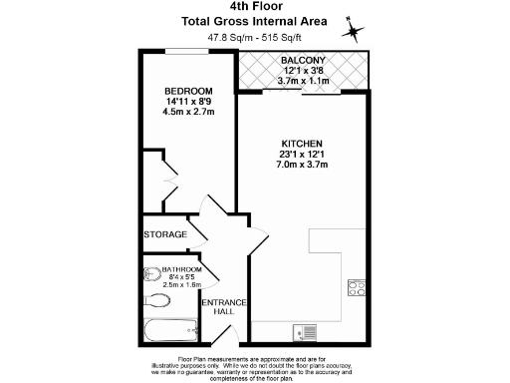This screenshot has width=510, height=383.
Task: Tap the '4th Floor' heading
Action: pos(254,6)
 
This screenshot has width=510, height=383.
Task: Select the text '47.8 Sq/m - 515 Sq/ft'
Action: pos(254,39)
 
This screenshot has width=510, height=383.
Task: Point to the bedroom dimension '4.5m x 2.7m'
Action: pos(188,112)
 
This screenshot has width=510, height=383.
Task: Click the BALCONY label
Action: pos(306,61)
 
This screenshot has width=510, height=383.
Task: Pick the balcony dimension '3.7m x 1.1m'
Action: pos(306,82)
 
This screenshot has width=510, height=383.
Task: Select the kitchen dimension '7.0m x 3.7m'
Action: pos(305,167)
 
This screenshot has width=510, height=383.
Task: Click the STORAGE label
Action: pos(164,234)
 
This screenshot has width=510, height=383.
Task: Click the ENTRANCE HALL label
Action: pos(219,307)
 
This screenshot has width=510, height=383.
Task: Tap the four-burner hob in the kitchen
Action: pos(356,288)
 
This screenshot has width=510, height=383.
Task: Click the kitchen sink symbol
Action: pos(304,332)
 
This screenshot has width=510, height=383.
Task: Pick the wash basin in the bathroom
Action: pos(149,271)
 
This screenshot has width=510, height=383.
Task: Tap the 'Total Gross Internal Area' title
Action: pos(254,21)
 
